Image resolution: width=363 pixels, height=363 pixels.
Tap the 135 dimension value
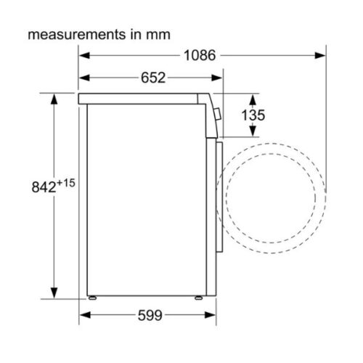253,115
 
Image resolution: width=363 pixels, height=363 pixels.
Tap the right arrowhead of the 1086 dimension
319,55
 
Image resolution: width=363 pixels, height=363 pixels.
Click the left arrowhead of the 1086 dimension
84,55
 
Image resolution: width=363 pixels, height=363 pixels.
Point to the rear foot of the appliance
92,298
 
